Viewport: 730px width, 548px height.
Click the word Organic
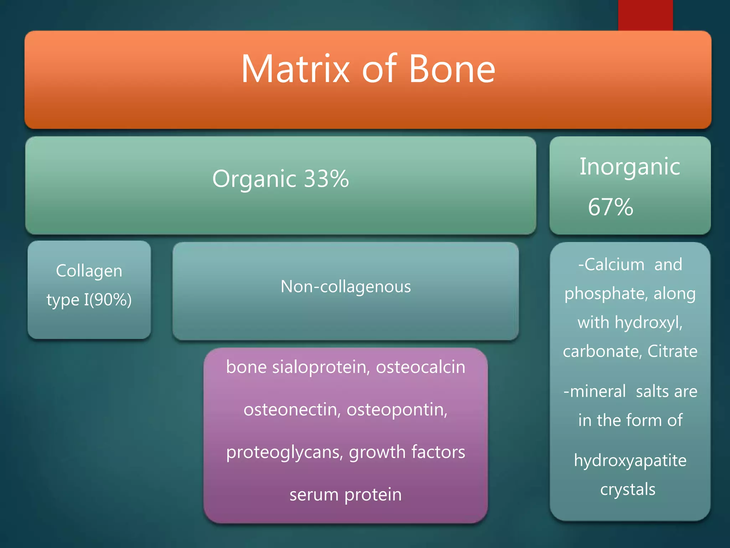[x=254, y=179]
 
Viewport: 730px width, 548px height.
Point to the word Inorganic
[x=630, y=167]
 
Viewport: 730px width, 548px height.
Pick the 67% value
[x=610, y=207]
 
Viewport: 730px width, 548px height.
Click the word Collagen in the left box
[x=89, y=271]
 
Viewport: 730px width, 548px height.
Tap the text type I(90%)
[x=89, y=300]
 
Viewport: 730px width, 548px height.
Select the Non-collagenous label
[x=345, y=286]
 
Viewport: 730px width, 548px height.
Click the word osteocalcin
[x=421, y=367]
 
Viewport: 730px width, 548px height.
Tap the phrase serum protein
[x=345, y=494]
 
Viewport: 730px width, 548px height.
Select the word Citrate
[x=672, y=351]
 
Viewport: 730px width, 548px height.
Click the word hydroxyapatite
[x=630, y=461]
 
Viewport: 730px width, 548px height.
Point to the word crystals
[x=628, y=489]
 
